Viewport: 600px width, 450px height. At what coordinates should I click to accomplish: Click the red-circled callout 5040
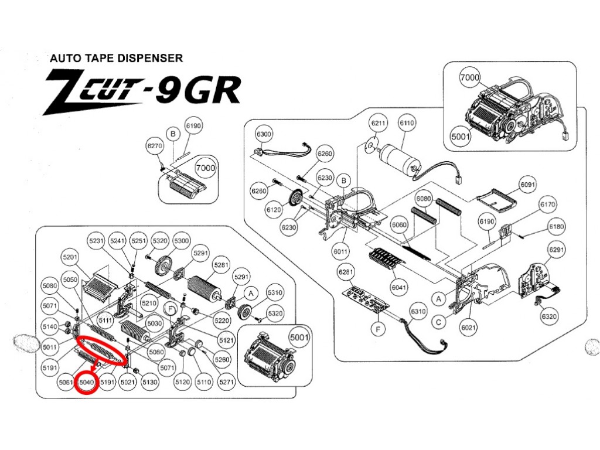tap(87, 383)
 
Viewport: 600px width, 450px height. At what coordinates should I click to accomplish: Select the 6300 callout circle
tap(264, 134)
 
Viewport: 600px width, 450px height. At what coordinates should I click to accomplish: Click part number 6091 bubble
tap(528, 185)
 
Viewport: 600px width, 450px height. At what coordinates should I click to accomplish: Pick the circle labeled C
tap(438, 322)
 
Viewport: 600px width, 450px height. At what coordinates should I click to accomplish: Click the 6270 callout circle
tap(155, 146)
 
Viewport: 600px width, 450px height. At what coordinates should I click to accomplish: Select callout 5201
tap(70, 257)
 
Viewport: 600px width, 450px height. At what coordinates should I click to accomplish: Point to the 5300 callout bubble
tap(182, 241)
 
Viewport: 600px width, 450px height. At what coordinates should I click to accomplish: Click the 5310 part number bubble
tap(275, 293)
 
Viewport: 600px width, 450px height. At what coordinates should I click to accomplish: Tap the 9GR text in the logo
tap(200, 90)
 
